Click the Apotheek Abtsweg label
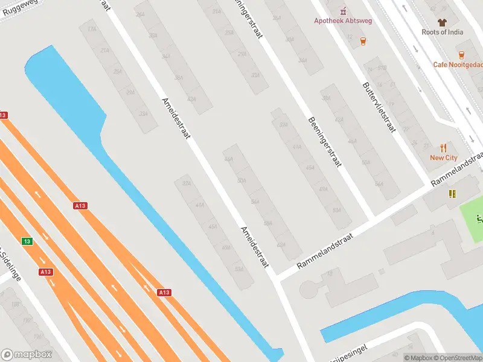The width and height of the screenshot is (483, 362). pos(343,21)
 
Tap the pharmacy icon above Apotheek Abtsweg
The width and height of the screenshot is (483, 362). pos(344,10)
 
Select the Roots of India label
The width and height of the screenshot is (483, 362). pos(443,32)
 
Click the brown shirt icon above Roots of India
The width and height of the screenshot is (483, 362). pos(443,22)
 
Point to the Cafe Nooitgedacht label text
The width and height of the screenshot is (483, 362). pos(458,65)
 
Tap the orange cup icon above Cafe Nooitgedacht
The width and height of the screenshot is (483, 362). pos(461,54)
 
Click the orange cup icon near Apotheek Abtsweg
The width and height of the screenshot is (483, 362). pos(363,41)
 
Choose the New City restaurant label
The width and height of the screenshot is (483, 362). pos(444,157)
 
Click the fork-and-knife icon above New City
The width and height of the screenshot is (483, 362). pos(444,147)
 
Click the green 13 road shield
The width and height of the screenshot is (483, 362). pos(27,241)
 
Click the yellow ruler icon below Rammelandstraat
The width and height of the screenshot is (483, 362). pos(452,194)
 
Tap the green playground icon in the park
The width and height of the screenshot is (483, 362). pos(479,218)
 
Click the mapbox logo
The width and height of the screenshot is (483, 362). pos(27,355)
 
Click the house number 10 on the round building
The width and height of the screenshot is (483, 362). pos(330,274)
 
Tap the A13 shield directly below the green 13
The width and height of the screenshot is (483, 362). pos(45,272)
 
